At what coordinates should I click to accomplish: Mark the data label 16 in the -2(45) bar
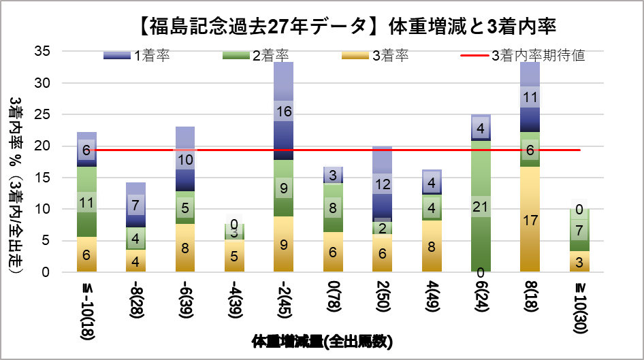coord(283,112)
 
